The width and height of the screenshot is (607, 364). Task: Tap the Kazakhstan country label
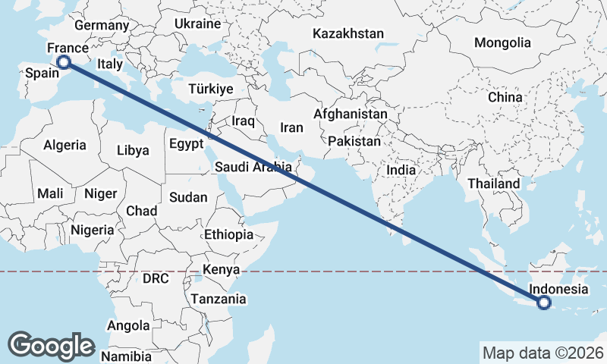click(348, 34)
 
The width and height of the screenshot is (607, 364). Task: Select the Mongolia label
click(502, 42)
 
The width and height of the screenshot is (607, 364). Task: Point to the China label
click(505, 97)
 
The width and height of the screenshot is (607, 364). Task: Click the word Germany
click(102, 26)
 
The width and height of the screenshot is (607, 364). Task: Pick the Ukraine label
click(197, 24)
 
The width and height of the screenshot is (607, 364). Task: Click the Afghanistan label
click(351, 114)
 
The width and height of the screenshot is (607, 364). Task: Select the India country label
click(401, 171)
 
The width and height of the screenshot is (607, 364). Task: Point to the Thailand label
click(494, 184)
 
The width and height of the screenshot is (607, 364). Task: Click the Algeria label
click(64, 145)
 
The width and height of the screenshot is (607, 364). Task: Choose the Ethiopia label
click(228, 235)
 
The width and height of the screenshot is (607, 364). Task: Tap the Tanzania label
click(219, 299)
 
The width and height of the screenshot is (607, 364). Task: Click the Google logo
click(51, 345)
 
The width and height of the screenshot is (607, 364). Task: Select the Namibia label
click(127, 356)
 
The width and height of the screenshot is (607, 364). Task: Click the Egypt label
click(186, 143)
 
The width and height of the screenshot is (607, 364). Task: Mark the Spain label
click(42, 73)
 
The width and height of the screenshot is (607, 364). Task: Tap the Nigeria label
click(92, 229)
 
